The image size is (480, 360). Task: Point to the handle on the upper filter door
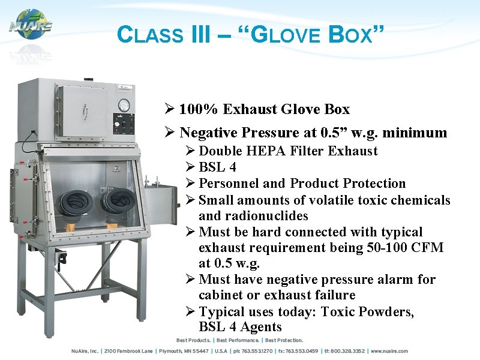(x=86, y=112)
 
